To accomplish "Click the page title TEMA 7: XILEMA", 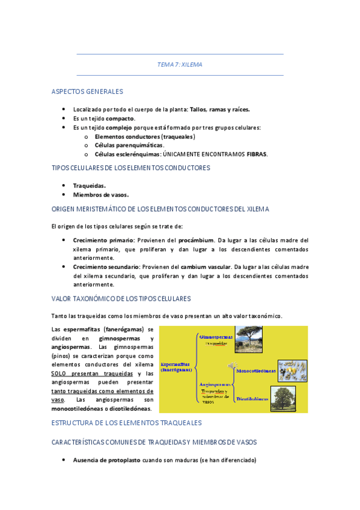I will [x=180, y=64].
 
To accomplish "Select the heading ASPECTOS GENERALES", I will [x=87, y=92].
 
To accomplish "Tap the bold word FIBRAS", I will [x=257, y=154].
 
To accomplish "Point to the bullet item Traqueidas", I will [x=89, y=186].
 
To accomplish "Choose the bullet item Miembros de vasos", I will [x=100, y=195].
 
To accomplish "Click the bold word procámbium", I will [x=196, y=240].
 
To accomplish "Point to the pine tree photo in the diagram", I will [x=248, y=338].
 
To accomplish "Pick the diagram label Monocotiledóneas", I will [x=256, y=371].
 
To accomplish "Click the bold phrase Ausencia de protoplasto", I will [x=107, y=460].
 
